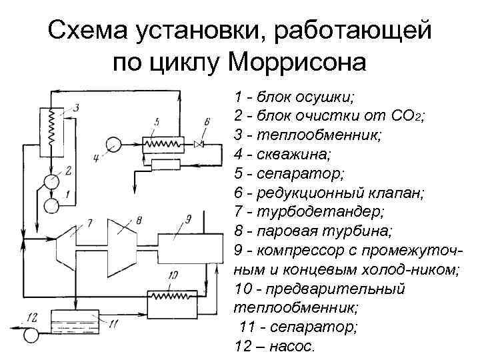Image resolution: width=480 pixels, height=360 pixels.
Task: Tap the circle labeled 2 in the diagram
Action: [x=51, y=179]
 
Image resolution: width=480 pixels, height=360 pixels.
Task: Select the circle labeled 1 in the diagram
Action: [x=51, y=205]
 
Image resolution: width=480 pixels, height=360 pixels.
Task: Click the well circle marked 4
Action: [x=112, y=143]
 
